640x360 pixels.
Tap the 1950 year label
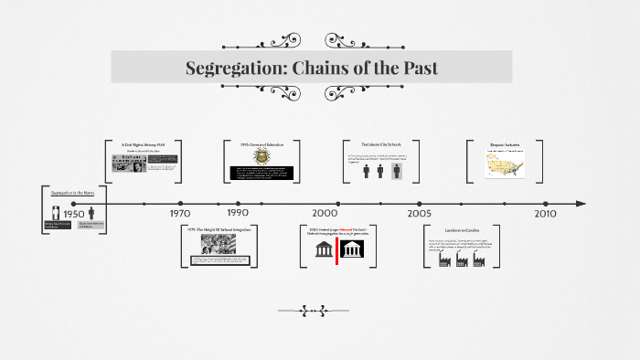click(74, 215)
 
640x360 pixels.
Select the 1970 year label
click(180, 213)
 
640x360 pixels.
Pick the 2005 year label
click(420, 213)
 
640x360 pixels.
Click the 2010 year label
click(545, 213)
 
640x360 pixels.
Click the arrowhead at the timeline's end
click(580, 203)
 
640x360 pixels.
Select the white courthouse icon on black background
click(352, 249)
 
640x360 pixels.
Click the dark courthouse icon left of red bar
click(324, 249)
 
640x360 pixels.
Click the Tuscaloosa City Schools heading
click(381, 144)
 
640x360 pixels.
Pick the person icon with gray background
click(397, 171)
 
